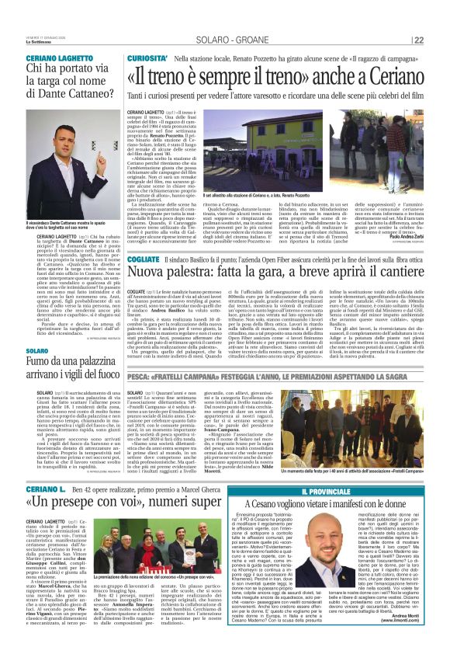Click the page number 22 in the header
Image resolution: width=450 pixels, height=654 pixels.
[x=439, y=40]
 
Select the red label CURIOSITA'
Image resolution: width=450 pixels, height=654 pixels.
[x=147, y=58]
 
